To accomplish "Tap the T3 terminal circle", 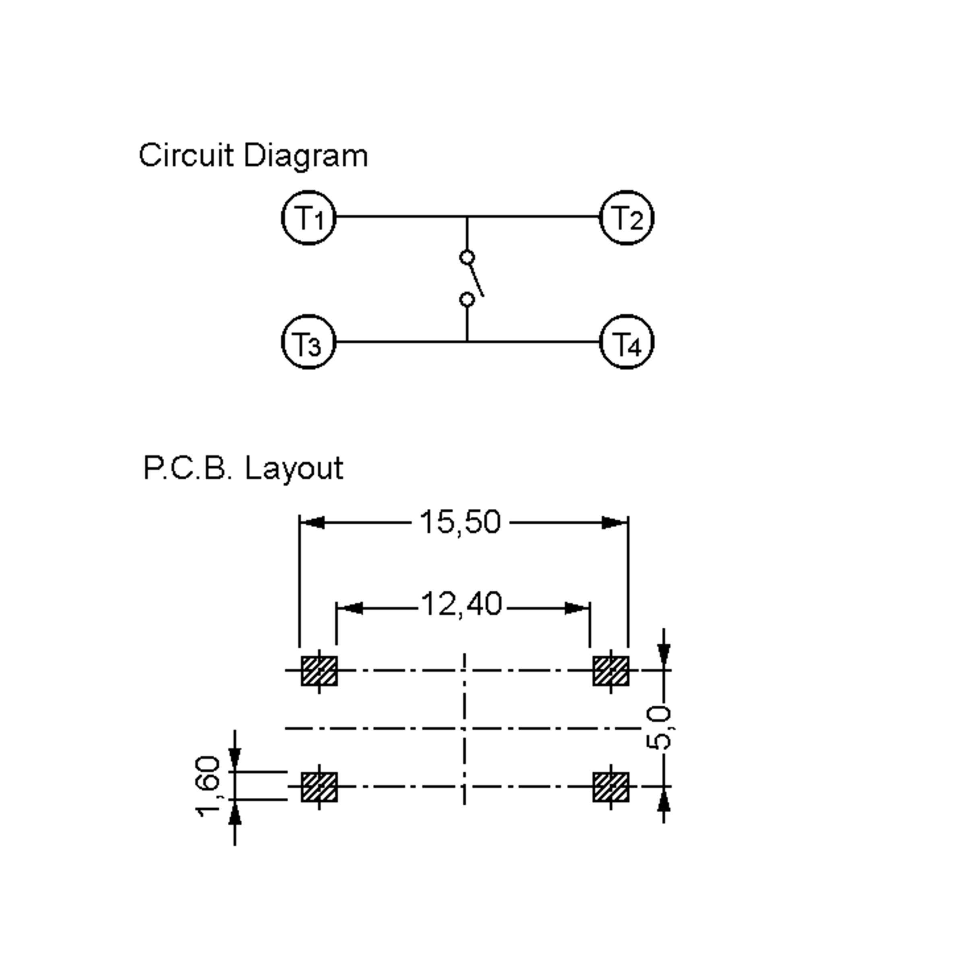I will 308,343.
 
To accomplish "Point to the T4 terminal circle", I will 627,343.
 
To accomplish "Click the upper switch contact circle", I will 467,258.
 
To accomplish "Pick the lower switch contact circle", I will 467,299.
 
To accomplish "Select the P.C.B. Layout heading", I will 243,468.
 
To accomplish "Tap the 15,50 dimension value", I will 460,522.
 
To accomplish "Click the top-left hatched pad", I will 319,671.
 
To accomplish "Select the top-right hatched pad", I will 611,671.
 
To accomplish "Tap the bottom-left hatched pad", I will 319,787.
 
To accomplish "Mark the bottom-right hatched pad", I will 611,787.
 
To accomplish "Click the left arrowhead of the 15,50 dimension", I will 312,522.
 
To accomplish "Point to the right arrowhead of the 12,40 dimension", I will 578,609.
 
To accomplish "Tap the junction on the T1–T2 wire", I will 467,217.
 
